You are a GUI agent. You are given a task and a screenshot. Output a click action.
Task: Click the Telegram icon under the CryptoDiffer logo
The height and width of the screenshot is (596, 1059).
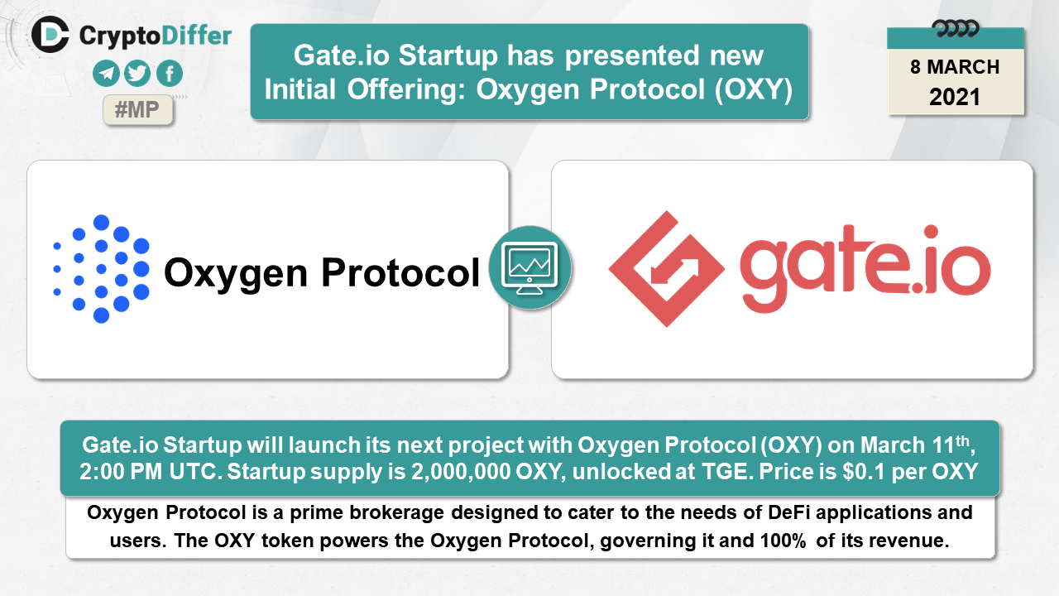(106, 74)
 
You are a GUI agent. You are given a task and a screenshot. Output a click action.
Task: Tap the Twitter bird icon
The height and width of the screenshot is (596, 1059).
(137, 74)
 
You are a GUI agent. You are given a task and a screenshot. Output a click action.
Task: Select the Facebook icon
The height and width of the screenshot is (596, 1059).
(170, 74)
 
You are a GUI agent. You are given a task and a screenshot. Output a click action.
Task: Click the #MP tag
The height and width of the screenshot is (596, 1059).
(137, 110)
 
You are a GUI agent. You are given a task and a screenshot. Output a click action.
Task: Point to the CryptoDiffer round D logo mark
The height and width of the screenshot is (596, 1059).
(50, 34)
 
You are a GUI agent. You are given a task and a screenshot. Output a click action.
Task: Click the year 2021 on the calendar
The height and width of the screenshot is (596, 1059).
(955, 97)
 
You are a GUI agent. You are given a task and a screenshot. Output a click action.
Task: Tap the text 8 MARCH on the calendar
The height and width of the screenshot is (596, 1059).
(955, 67)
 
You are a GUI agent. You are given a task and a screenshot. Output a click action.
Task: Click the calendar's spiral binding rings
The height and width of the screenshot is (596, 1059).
(955, 29)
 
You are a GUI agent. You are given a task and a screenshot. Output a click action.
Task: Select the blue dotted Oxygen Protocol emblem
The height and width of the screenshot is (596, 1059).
(102, 269)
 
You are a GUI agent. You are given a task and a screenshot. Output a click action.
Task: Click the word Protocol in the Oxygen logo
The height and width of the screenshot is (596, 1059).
(400, 273)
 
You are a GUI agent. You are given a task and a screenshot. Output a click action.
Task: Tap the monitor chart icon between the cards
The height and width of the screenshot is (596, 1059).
(530, 267)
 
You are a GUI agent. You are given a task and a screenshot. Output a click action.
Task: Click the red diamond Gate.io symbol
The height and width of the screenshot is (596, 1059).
(666, 269)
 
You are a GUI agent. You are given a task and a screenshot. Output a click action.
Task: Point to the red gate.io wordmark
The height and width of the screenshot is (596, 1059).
(865, 268)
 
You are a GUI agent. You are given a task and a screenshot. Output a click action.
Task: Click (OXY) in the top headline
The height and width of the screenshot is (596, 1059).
(754, 89)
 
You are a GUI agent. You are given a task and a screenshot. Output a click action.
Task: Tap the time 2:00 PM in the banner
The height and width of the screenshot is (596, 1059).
(121, 472)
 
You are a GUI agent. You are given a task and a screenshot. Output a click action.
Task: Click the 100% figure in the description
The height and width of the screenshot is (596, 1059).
(783, 541)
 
